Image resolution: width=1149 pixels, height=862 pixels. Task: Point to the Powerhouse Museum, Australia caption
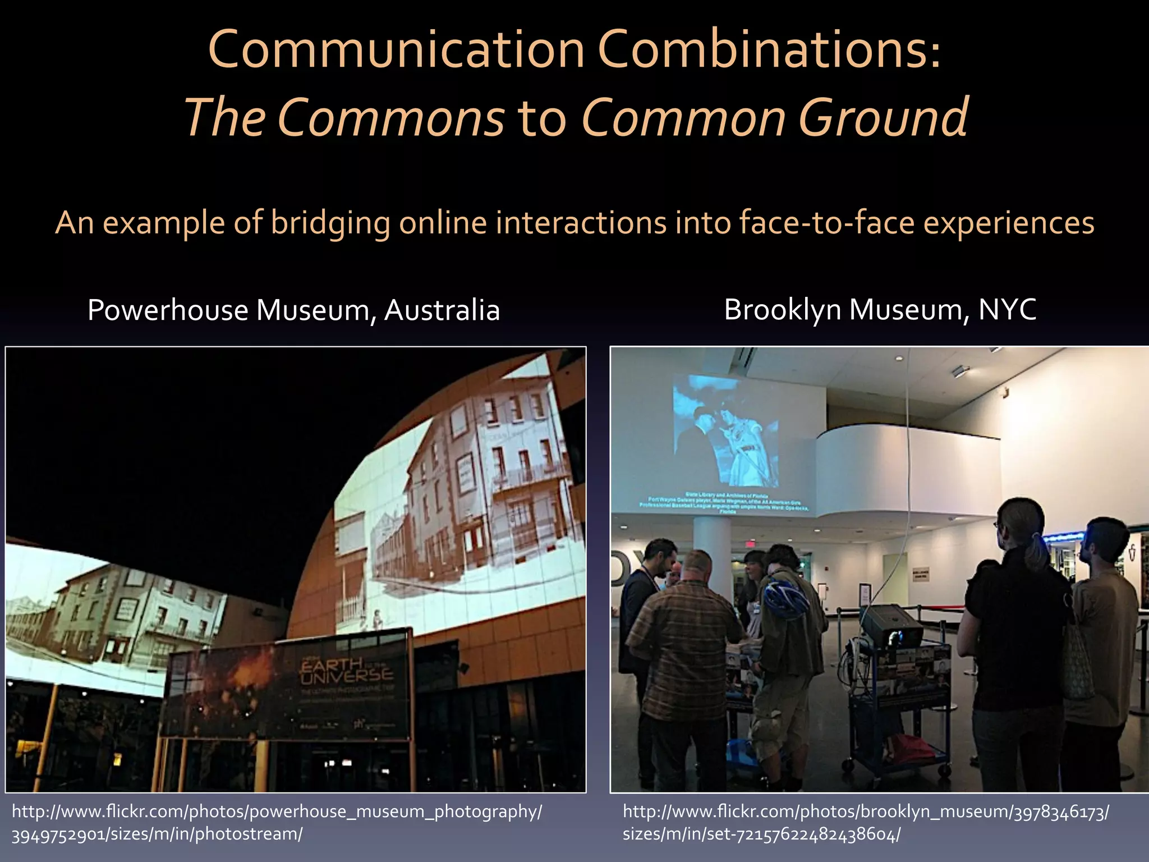click(293, 310)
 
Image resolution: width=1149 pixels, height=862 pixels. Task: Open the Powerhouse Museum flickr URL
click(277, 822)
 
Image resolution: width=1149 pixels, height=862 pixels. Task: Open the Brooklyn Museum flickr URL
click(865, 822)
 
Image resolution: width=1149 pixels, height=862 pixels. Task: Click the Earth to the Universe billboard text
click(346, 671)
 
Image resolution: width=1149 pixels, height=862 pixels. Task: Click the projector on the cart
click(892, 627)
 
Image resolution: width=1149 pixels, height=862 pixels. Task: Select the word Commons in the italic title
click(390, 118)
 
